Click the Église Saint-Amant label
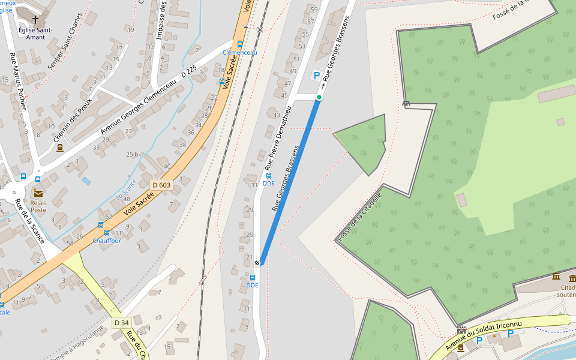pyautogui.click(x=35, y=34)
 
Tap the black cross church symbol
pyautogui.click(x=35, y=20)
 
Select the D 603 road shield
pyautogui.click(x=161, y=185)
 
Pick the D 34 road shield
pyautogui.click(x=121, y=323)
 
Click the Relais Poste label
pyautogui.click(x=38, y=206)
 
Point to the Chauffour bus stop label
pyautogui.click(x=107, y=241)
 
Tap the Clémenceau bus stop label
pyautogui.click(x=239, y=53)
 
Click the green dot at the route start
pyautogui.click(x=319, y=97)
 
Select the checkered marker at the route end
pyautogui.click(x=257, y=262)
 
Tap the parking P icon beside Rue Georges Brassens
pyautogui.click(x=316, y=76)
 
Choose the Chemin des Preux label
pyautogui.click(x=72, y=120)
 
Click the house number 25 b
pyautogui.click(x=132, y=155)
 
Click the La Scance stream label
pyautogui.click(x=127, y=190)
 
